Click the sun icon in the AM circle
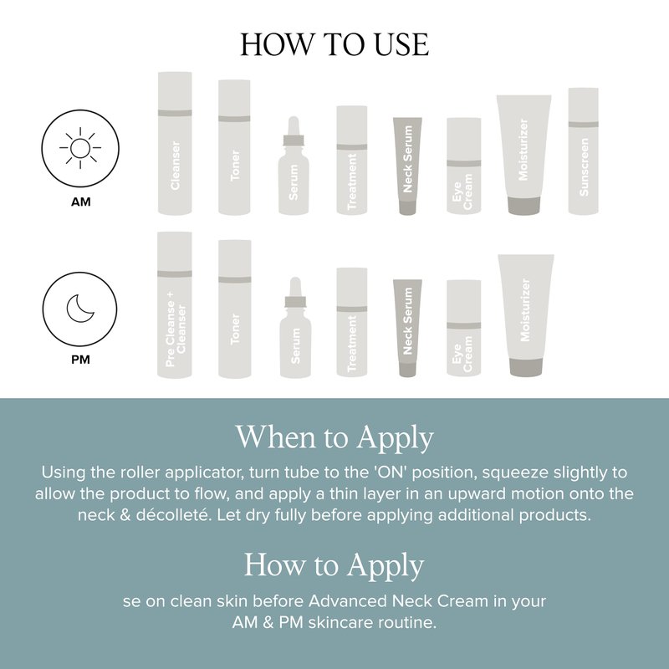coord(80,149)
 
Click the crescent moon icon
coord(79,309)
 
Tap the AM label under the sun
coord(80,202)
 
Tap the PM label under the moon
coord(80,360)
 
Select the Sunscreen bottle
coord(583,151)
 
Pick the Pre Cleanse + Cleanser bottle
coord(175,304)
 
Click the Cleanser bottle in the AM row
coord(175,143)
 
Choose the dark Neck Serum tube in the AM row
coord(407,166)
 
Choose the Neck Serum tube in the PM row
coord(407,328)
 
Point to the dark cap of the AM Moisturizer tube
coord(524,205)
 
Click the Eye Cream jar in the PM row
coord(464,328)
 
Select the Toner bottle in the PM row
coord(235,309)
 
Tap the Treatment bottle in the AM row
coord(352,160)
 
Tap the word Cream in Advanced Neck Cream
coord(463,601)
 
